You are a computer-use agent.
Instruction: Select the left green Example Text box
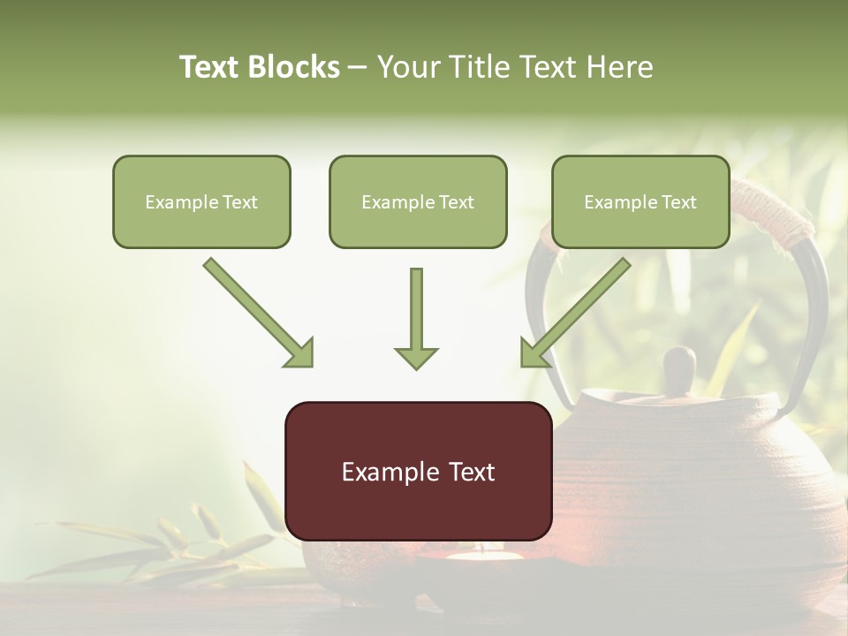201,201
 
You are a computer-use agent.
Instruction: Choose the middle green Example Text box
418,201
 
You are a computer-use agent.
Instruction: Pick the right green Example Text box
640,201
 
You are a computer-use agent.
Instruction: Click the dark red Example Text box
418,471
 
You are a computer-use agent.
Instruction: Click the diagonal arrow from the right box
574,313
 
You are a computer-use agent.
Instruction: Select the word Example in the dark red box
385,471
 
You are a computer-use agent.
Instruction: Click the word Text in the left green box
240,201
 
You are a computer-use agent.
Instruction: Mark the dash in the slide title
358,67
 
